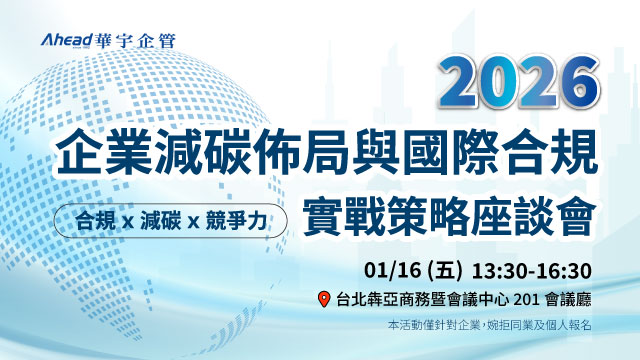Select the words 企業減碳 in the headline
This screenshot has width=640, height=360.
[x=147, y=155]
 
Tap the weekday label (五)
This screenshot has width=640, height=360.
[x=444, y=270]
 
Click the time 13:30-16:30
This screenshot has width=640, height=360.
[x=532, y=270]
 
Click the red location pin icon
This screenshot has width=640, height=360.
[x=322, y=300]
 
